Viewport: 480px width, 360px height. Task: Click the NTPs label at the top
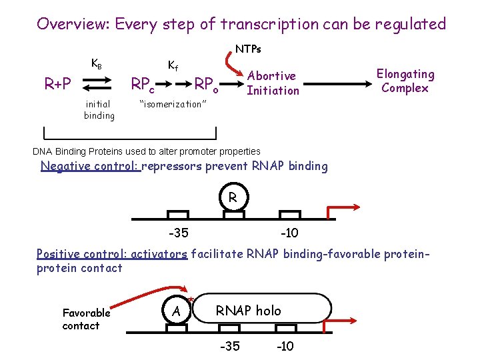[x=248, y=49]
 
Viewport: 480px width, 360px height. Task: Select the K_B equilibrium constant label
[x=96, y=65]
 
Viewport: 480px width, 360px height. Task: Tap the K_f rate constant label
[x=172, y=65]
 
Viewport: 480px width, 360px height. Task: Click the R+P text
[x=58, y=84]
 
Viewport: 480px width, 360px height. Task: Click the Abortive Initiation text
[x=273, y=83]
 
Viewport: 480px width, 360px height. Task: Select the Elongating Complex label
[x=405, y=81]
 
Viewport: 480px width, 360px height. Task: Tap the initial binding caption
[x=99, y=109]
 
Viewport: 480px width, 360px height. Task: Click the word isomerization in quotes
[x=173, y=104]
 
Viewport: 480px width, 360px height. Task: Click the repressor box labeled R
[x=232, y=198]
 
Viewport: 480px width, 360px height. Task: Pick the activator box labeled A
[x=176, y=311]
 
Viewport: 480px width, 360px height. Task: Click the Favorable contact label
[x=85, y=319]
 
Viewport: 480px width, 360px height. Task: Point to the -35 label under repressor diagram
[x=177, y=233]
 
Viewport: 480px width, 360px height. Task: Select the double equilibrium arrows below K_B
[x=97, y=84]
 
